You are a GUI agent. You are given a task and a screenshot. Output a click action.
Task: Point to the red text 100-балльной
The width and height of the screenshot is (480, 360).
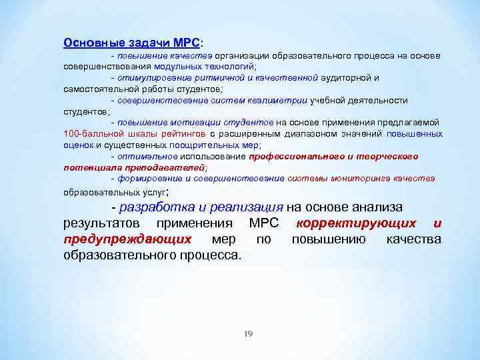pos(92,133)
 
